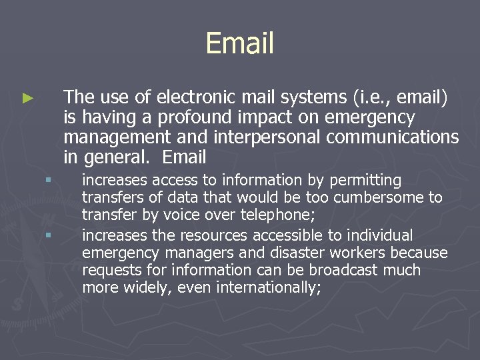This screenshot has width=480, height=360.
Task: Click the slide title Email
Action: (240, 43)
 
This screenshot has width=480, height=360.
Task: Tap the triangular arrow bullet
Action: (27, 98)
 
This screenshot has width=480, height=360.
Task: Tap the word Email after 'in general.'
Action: (185, 158)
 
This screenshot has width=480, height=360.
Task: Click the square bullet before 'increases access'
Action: (49, 179)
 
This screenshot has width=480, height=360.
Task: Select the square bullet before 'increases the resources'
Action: (49, 235)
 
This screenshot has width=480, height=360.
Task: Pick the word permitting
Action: (369, 180)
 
